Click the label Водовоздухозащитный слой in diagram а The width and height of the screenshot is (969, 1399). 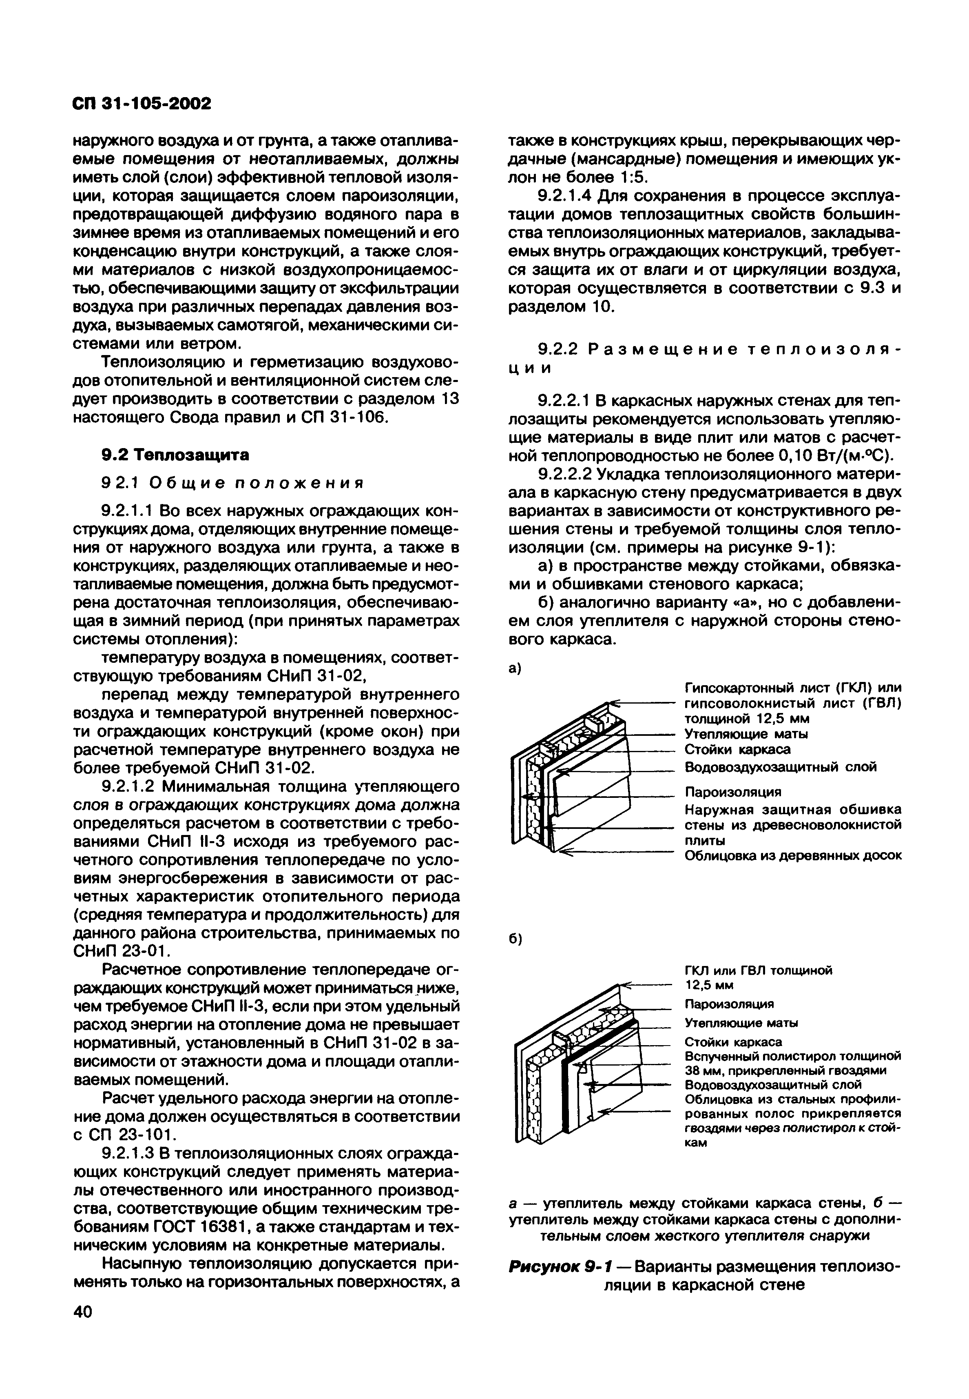780,767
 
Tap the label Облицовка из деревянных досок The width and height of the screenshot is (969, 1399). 793,855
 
